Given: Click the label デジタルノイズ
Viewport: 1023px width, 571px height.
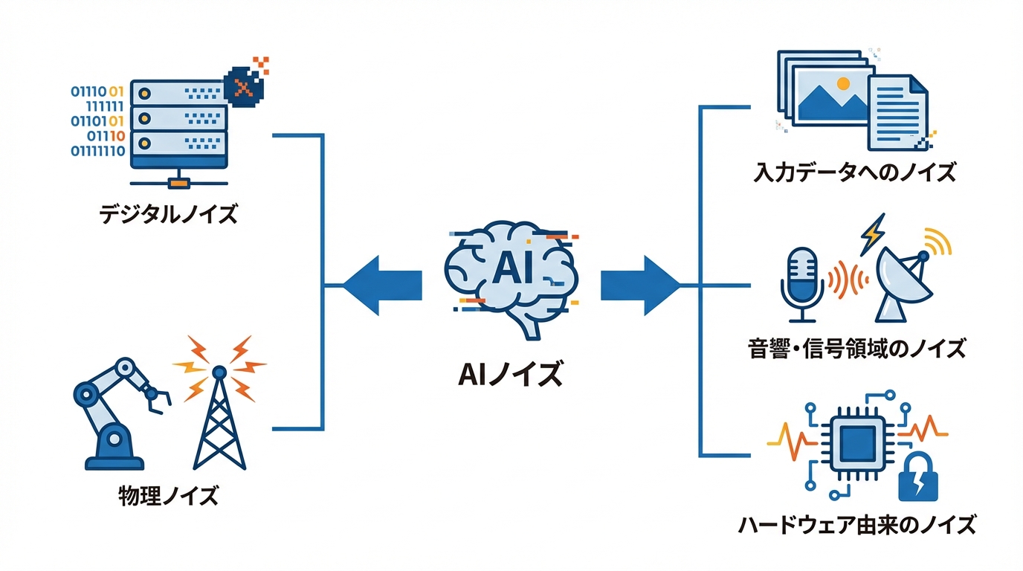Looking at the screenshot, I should tap(168, 215).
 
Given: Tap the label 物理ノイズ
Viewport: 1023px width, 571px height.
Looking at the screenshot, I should tap(169, 494).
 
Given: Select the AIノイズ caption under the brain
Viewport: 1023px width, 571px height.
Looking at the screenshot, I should tap(510, 374).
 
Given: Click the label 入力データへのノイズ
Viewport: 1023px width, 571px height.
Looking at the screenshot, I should tap(853, 172).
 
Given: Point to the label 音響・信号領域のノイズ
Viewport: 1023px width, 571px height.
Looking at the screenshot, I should tap(856, 347).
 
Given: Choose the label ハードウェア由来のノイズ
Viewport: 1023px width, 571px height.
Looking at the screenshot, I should tap(856, 525).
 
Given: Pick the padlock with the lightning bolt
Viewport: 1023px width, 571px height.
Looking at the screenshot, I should tap(919, 481).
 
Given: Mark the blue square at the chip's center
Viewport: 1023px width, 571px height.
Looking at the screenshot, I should tap(856, 444).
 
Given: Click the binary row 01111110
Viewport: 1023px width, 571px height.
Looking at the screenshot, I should tap(97, 152).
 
